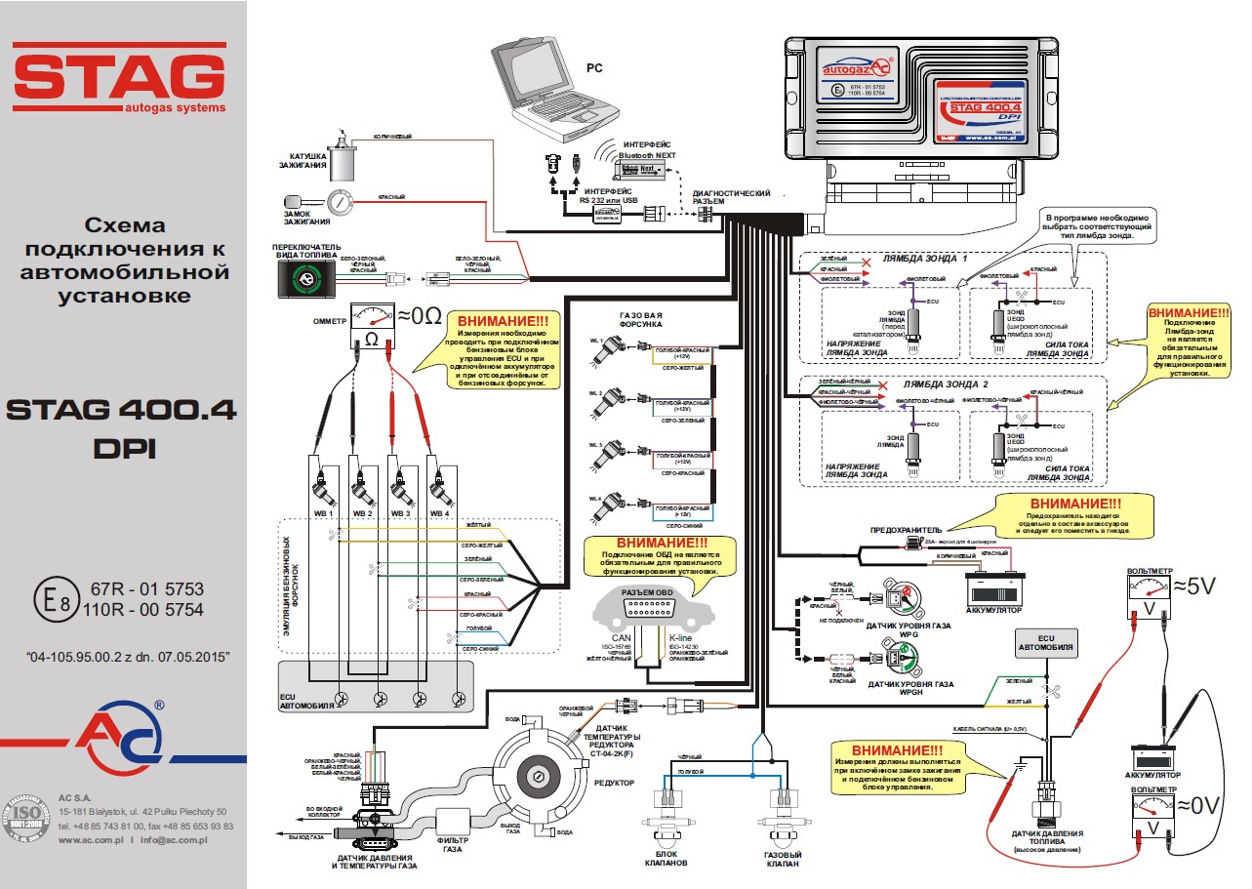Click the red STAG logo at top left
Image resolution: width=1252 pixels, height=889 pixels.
point(119,77)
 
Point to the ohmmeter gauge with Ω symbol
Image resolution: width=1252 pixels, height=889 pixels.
point(371,325)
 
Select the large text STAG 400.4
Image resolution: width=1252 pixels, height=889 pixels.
point(121,410)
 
